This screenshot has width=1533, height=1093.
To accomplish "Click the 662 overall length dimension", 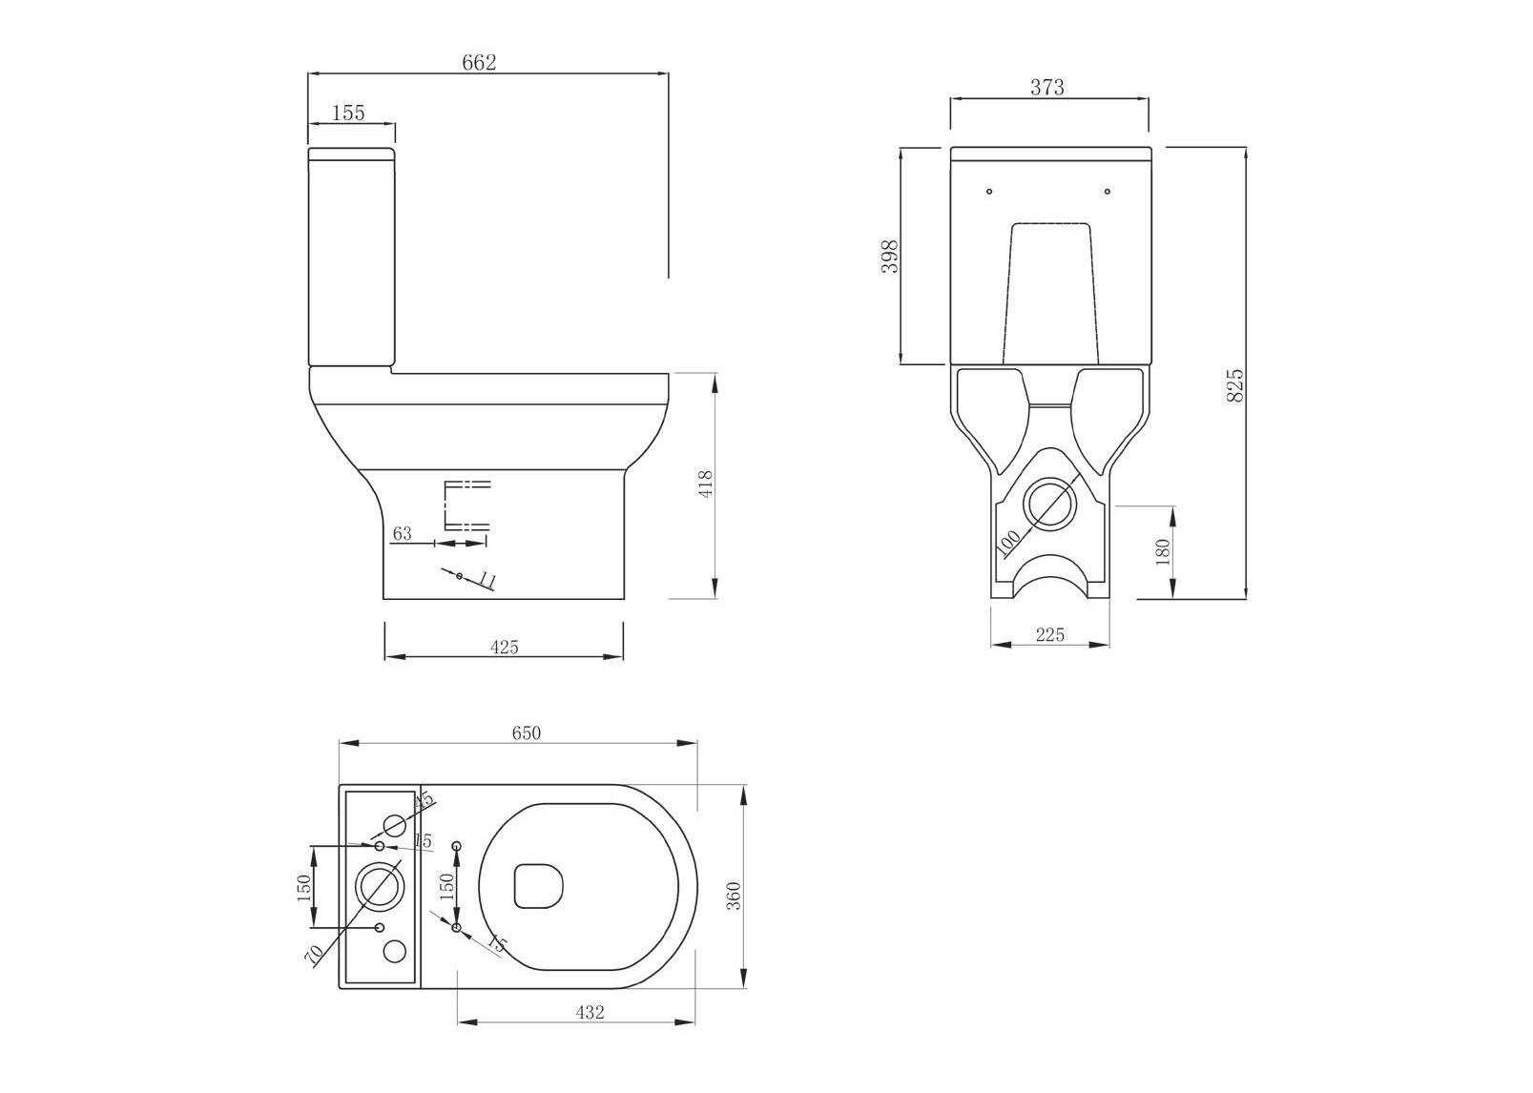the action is point(479,63).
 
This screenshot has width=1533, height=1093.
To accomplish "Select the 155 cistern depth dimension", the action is point(348,113).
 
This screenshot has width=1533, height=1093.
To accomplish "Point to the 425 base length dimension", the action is point(504,648).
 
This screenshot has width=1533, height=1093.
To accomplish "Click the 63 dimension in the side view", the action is point(402,533).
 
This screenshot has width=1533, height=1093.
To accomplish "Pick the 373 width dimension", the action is point(1046,88).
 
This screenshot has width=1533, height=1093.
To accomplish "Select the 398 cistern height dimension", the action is point(890,256).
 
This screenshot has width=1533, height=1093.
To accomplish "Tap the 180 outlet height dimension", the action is point(1162,552).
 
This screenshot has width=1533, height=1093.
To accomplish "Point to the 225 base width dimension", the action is point(1049,634).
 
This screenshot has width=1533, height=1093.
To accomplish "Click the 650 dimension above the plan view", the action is point(526,733).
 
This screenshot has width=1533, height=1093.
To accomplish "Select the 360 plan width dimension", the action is point(734,896).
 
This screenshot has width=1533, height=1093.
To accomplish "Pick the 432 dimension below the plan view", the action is point(590,1013).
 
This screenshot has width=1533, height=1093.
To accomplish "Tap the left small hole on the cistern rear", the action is point(989,192).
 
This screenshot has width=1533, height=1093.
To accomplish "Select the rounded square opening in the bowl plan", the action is point(539,886).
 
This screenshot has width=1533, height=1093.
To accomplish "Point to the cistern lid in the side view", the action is point(351,153).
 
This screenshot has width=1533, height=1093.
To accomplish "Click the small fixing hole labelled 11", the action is point(459,576).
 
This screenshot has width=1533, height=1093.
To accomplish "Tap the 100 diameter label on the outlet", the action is point(1008,541).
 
